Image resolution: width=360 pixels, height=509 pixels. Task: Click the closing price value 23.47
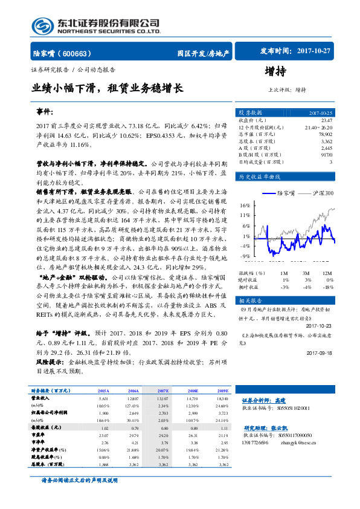coord(327,121)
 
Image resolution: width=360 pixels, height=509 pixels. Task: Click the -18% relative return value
coord(327,287)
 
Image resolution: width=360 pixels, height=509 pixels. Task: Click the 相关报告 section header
coord(249,300)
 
